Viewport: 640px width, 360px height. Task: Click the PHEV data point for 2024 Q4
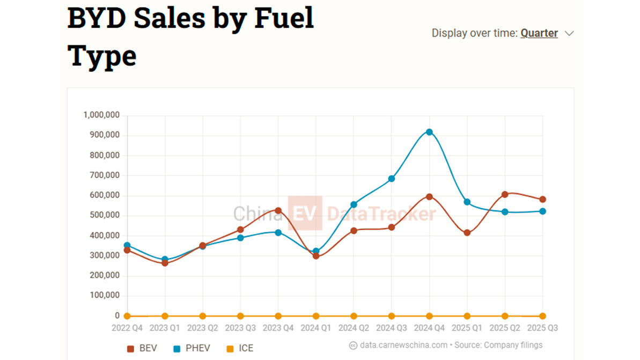(429, 132)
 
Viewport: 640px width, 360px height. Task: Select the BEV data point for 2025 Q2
(505, 195)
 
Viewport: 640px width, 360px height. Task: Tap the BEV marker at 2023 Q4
(278, 210)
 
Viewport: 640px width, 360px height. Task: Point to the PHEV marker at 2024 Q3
(392, 179)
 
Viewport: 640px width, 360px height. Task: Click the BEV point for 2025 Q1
(467, 233)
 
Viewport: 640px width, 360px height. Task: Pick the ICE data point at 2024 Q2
(354, 316)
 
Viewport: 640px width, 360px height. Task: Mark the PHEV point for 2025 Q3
(542, 211)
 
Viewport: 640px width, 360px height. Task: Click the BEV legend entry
(142, 348)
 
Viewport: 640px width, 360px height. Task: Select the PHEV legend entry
(195, 348)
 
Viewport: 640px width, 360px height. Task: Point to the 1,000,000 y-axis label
(101, 115)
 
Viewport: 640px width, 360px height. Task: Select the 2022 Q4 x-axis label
(127, 328)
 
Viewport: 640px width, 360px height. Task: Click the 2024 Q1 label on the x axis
(316, 328)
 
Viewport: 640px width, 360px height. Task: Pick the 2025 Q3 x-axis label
(542, 328)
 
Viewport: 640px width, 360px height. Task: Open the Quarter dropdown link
(539, 33)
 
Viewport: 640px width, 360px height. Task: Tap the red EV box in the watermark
(305, 214)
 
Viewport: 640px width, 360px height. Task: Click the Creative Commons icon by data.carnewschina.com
(353, 346)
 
